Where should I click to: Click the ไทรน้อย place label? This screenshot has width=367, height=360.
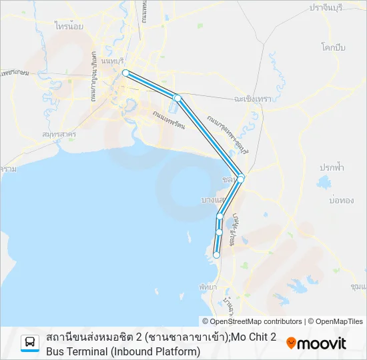(x=69, y=28)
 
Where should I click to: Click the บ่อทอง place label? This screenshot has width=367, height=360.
(x=341, y=199)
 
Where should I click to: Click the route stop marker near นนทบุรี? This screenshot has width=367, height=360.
(x=125, y=73)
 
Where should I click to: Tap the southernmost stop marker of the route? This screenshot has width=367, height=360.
(x=216, y=255)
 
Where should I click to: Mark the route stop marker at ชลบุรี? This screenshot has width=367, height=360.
(x=241, y=179)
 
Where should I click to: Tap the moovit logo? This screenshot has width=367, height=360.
(x=316, y=343)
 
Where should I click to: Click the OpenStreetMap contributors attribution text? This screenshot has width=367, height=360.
(x=256, y=321)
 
